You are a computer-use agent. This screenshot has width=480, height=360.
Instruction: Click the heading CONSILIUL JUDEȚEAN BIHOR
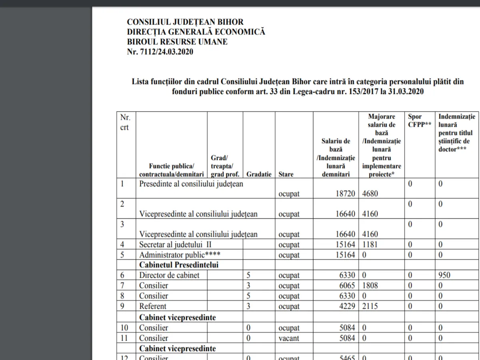[x=185, y=22]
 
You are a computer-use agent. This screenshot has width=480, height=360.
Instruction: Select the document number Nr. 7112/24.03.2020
[x=160, y=52]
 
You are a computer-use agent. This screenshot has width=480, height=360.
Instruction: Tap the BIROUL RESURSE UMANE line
[x=177, y=42]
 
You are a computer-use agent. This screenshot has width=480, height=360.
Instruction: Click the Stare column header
[x=286, y=174]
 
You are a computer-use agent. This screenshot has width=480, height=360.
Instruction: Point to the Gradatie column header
[x=259, y=174]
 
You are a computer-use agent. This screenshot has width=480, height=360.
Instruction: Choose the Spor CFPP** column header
[x=420, y=120]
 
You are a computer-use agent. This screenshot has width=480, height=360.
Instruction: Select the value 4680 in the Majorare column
[x=370, y=194]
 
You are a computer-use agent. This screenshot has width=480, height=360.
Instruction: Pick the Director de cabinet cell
[x=169, y=275]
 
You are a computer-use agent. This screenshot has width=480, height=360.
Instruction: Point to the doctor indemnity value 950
[x=444, y=275]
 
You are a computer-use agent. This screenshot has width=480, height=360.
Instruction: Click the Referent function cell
[x=152, y=306]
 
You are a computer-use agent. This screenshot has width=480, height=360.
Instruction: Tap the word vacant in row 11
[x=289, y=338]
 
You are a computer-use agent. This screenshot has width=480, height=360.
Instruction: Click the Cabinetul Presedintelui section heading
[x=178, y=265]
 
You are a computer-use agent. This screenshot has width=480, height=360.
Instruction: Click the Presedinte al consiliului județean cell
[x=191, y=184]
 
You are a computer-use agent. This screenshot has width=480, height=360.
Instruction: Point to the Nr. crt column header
[x=125, y=122]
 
